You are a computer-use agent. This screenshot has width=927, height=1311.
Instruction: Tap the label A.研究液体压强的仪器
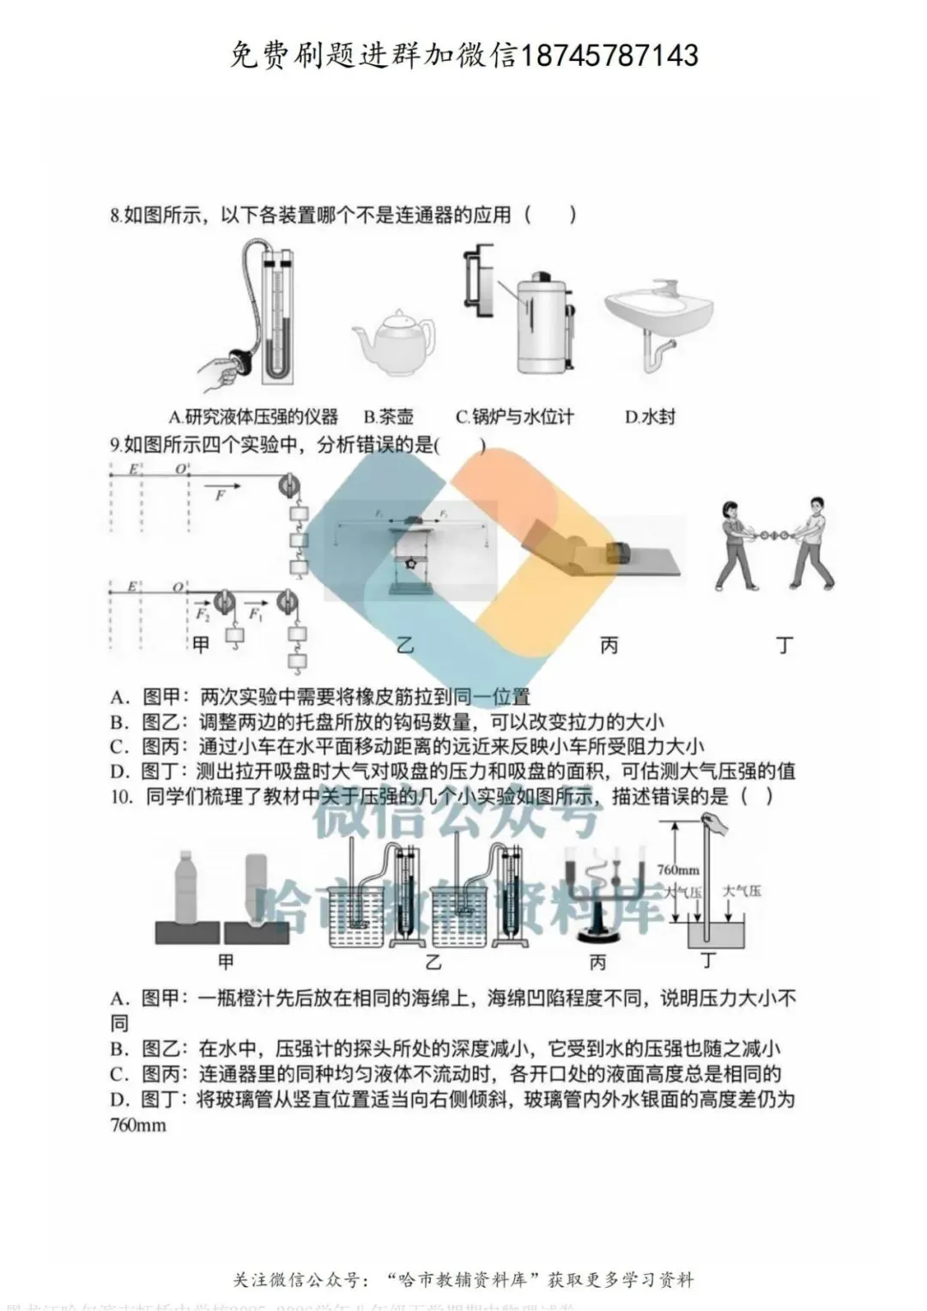click(253, 417)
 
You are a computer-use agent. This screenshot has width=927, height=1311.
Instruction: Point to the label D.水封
click(650, 417)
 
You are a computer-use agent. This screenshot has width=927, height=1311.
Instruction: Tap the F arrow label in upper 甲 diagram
click(221, 495)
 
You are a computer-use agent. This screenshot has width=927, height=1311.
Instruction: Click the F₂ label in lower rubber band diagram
click(202, 614)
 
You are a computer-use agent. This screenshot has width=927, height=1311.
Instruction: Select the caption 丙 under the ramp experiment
click(609, 645)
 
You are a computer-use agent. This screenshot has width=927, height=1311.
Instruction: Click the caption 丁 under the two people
click(785, 645)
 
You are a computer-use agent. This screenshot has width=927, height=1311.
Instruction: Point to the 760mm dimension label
click(677, 869)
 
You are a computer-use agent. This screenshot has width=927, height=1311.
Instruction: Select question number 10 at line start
click(123, 796)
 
